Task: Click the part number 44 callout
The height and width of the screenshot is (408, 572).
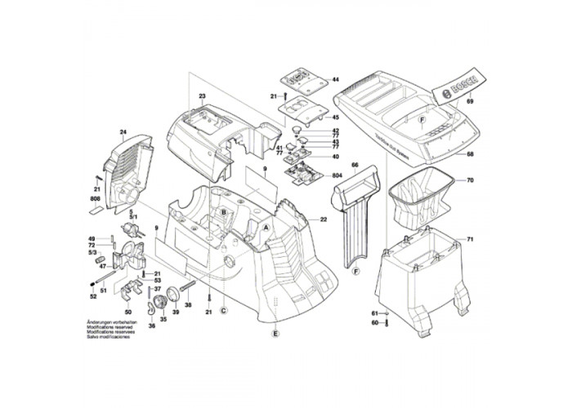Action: click(x=335, y=80)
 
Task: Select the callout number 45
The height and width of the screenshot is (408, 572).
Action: click(x=335, y=117)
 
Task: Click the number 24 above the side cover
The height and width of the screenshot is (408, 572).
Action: click(x=123, y=132)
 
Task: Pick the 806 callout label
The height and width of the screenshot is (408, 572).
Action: click(x=95, y=200)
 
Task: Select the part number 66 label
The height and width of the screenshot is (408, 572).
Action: click(x=355, y=166)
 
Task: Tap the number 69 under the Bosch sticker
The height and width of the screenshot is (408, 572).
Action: click(x=470, y=103)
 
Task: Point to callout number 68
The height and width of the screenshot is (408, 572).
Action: click(x=470, y=154)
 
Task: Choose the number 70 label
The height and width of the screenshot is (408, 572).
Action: click(x=470, y=180)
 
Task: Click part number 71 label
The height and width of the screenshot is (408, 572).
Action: click(x=470, y=239)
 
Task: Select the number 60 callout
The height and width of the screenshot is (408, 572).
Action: click(x=375, y=323)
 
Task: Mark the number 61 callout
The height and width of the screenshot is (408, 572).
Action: click(x=375, y=313)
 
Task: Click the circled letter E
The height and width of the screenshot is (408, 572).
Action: click(x=275, y=335)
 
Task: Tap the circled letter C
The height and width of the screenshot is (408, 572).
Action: click(x=224, y=311)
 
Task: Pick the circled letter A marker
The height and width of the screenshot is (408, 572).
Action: click(x=265, y=227)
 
